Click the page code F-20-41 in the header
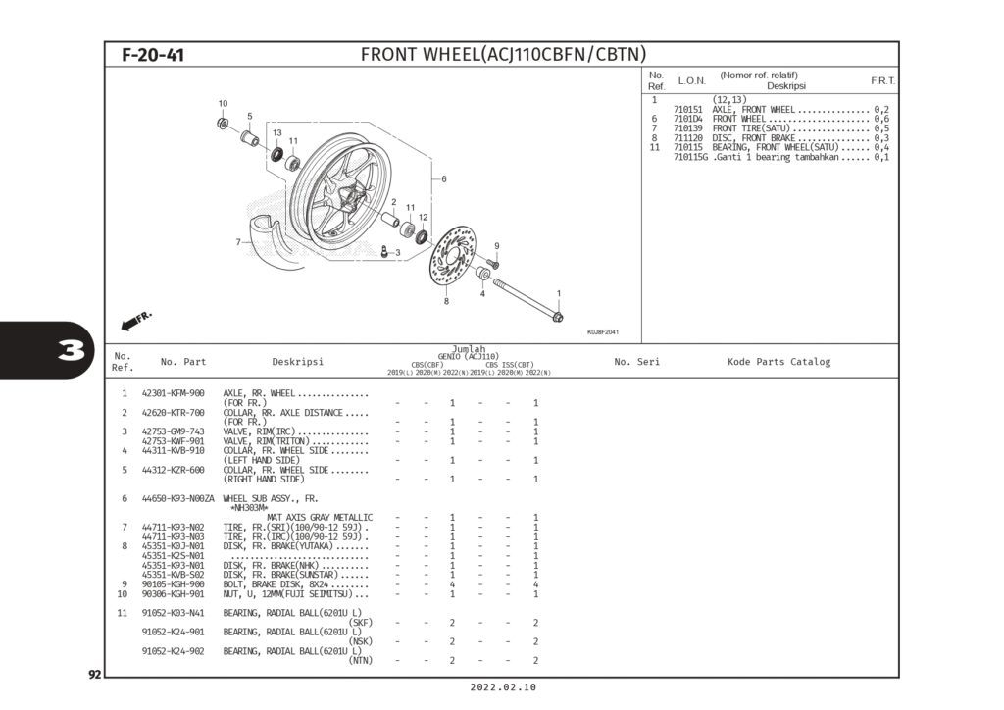[153, 55]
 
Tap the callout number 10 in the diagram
[223, 103]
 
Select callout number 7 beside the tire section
[238, 241]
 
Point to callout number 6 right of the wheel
[443, 178]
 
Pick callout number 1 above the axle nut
[559, 293]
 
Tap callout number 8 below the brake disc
[446, 301]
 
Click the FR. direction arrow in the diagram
[136, 321]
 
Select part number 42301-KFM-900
[173, 393]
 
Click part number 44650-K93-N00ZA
[177, 498]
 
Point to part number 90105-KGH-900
[173, 584]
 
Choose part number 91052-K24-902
[173, 651]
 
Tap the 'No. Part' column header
[183, 362]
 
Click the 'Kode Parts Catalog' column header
[778, 362]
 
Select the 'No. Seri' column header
[636, 362]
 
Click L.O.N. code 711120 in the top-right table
[689, 138]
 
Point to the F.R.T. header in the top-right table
[882, 80]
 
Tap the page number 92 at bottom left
[95, 675]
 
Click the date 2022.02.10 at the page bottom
[502, 688]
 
